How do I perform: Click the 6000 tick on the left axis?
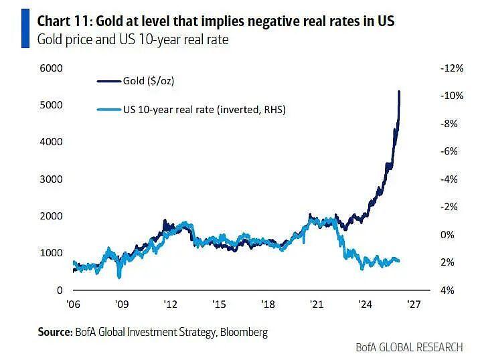tap(51, 68)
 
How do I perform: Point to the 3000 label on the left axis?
tap(51, 179)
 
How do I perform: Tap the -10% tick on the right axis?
tap(452, 96)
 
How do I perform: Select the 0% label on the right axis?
tap(447, 235)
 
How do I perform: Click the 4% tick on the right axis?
tap(447, 290)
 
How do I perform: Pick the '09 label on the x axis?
tap(121, 304)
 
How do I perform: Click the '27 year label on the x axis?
tap(414, 304)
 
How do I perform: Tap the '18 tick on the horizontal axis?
tap(268, 304)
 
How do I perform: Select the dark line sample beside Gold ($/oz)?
tap(109, 82)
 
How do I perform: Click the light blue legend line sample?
tap(109, 110)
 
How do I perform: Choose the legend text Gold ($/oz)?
tap(149, 81)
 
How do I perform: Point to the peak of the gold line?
tap(400, 91)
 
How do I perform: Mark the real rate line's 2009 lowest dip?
tap(119, 277)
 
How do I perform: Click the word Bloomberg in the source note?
tap(244, 332)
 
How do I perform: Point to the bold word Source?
tap(55, 332)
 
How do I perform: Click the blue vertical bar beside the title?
tap(25, 28)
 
